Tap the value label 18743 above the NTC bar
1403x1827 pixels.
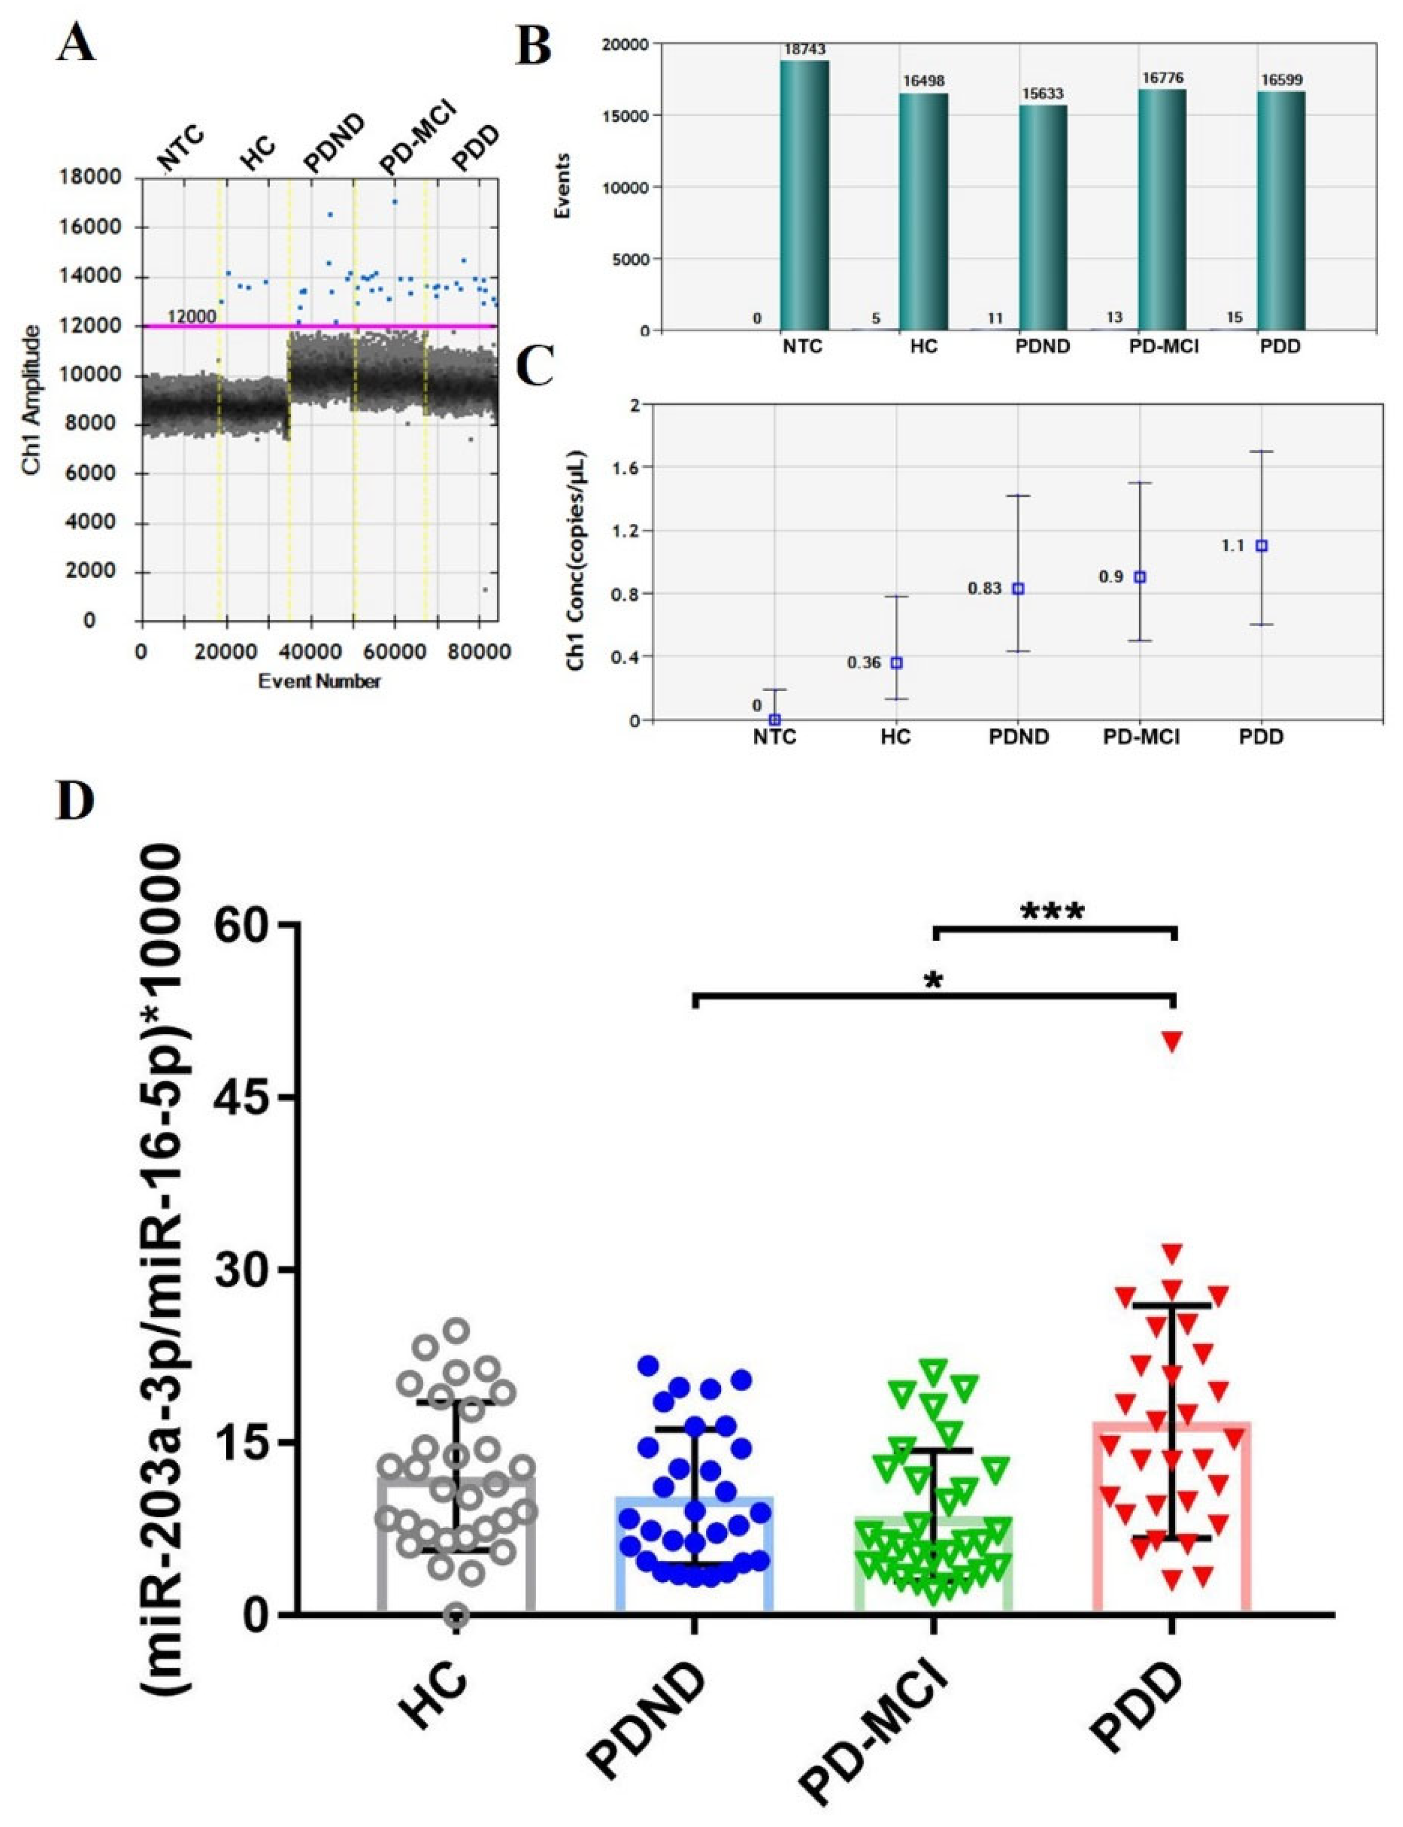pos(804,50)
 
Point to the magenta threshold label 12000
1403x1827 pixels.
pos(192,316)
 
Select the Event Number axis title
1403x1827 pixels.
pos(319,681)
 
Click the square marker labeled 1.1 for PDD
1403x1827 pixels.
pos(1261,545)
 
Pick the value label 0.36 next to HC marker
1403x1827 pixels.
pos(864,662)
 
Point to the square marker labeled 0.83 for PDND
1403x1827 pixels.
pos(1018,589)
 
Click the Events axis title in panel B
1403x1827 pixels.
pos(563,185)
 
